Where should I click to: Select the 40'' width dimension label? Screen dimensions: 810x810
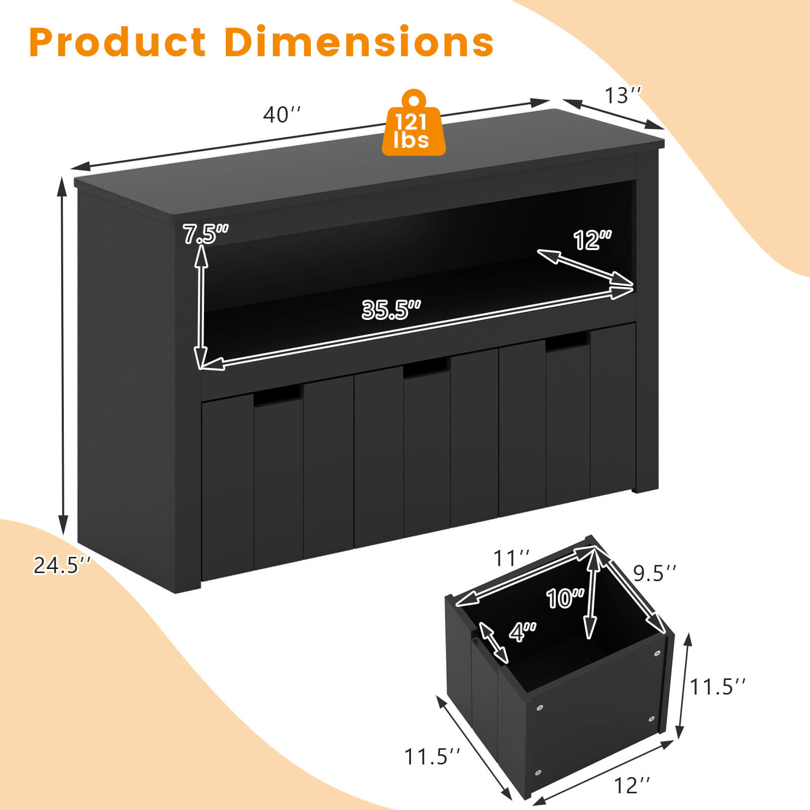coord(281,115)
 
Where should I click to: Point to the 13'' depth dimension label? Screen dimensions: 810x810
coord(623,95)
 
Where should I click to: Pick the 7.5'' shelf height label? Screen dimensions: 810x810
coord(205,234)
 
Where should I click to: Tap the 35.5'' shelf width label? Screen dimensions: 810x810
coord(391,309)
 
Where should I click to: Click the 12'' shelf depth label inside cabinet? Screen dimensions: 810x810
coord(592,240)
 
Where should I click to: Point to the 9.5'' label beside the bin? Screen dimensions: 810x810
coord(654,573)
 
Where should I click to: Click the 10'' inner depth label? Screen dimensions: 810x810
coord(565,598)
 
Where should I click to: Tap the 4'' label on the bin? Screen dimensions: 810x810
coord(522,632)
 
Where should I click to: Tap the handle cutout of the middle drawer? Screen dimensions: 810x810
coord(426,369)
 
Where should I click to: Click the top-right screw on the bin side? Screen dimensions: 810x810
coord(657,654)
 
